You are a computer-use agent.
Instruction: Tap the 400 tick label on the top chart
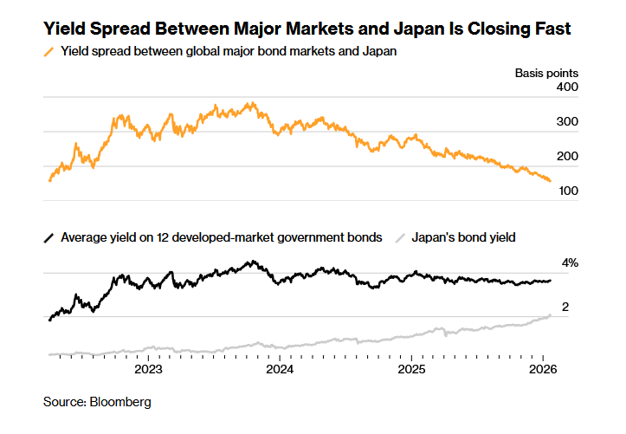[x=567, y=88]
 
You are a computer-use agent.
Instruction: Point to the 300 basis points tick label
[x=567, y=122]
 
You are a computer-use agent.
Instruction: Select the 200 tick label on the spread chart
[x=567, y=157]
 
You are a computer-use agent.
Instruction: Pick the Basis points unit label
[x=546, y=73]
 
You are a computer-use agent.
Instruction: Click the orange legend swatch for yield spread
[x=49, y=51]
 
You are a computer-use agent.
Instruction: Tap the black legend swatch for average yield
[x=49, y=236]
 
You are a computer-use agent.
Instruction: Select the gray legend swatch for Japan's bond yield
[x=399, y=236]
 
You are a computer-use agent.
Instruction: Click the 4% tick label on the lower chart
[x=570, y=262]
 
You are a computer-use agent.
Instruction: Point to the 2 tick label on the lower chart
[x=565, y=308]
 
